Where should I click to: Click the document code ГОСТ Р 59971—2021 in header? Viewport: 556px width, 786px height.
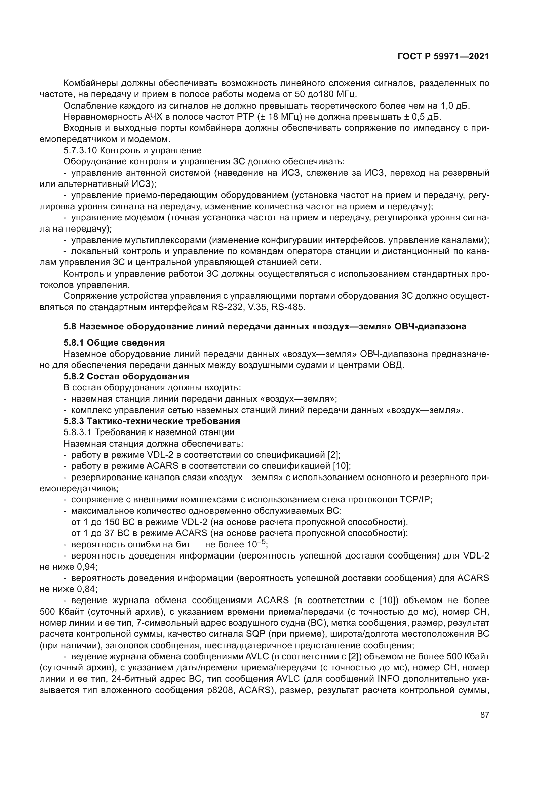tap(443, 57)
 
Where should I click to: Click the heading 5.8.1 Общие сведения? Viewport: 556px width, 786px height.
tap(114, 343)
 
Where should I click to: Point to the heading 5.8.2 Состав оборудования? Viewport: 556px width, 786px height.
tap(126, 376)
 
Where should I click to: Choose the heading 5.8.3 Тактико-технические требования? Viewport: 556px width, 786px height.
tap(152, 421)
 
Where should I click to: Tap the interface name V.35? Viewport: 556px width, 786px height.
tap(256, 307)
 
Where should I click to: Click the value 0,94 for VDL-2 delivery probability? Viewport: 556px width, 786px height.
tap(86, 567)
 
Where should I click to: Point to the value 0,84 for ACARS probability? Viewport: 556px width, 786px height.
tap(86, 589)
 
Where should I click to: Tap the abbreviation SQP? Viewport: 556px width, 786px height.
tap(256, 634)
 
